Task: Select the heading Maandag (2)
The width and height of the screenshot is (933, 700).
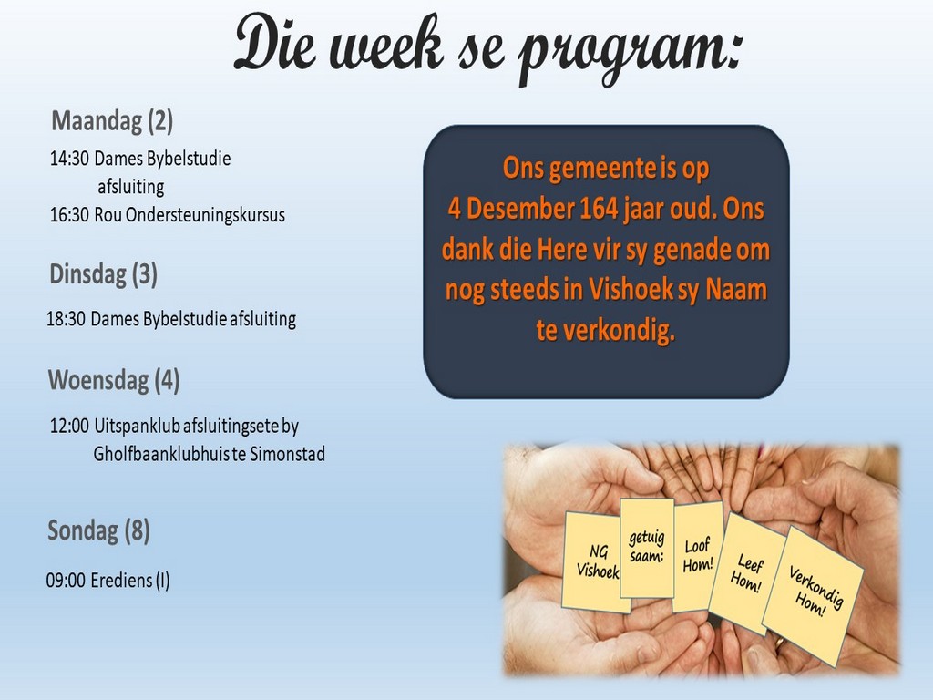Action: click(x=112, y=121)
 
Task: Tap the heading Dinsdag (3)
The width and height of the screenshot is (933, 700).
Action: click(x=104, y=274)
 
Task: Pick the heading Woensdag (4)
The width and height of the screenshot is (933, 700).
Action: click(x=114, y=381)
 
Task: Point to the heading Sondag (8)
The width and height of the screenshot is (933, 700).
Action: click(x=98, y=531)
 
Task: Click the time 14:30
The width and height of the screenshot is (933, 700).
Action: click(x=69, y=159)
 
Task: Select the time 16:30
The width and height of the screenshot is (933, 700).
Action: click(x=69, y=215)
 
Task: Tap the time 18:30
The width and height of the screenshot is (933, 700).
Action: click(x=66, y=320)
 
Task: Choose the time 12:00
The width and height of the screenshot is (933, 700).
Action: click(x=69, y=427)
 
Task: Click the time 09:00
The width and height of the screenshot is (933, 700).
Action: click(x=66, y=581)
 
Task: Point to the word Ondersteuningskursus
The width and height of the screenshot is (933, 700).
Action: click(x=205, y=215)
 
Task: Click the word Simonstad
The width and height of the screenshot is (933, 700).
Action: click(x=287, y=454)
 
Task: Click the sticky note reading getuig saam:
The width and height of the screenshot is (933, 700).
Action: click(x=646, y=548)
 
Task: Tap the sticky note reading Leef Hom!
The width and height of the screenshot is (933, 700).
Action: click(x=747, y=572)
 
